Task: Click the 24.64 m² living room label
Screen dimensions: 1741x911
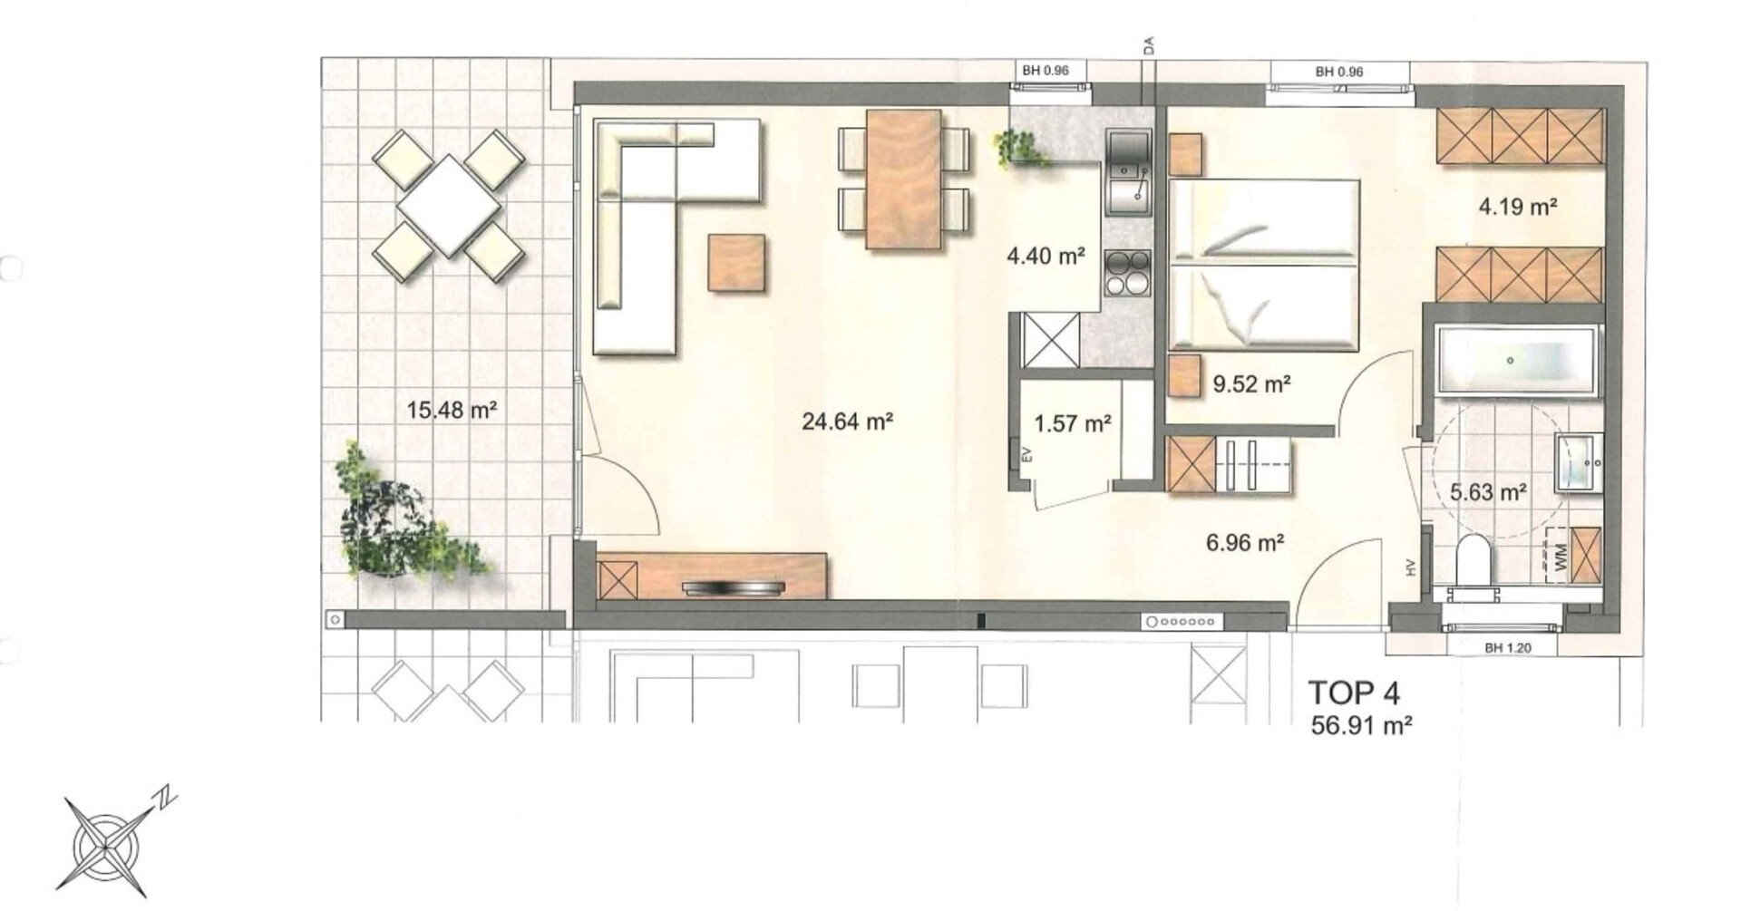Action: [x=848, y=422]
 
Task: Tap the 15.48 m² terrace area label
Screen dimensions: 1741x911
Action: [x=452, y=410]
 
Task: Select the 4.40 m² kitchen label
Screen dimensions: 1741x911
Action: [x=1046, y=257]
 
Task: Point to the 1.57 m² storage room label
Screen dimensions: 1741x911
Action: [x=1073, y=423]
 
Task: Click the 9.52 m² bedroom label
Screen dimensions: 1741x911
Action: [x=1252, y=384]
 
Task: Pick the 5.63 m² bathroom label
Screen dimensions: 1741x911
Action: [x=1489, y=492]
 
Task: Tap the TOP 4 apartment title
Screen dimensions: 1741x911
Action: [x=1354, y=693]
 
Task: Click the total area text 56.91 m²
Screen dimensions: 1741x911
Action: [x=1362, y=725]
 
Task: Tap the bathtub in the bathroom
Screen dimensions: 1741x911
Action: [x=1516, y=361]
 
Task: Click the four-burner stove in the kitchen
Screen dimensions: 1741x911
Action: [x=1128, y=273]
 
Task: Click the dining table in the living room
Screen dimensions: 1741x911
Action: [x=903, y=179]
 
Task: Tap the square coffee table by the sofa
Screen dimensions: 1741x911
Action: [x=736, y=263]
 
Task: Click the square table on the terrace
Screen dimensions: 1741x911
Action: [x=449, y=206]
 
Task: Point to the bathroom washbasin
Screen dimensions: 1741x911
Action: [x=1579, y=462]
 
